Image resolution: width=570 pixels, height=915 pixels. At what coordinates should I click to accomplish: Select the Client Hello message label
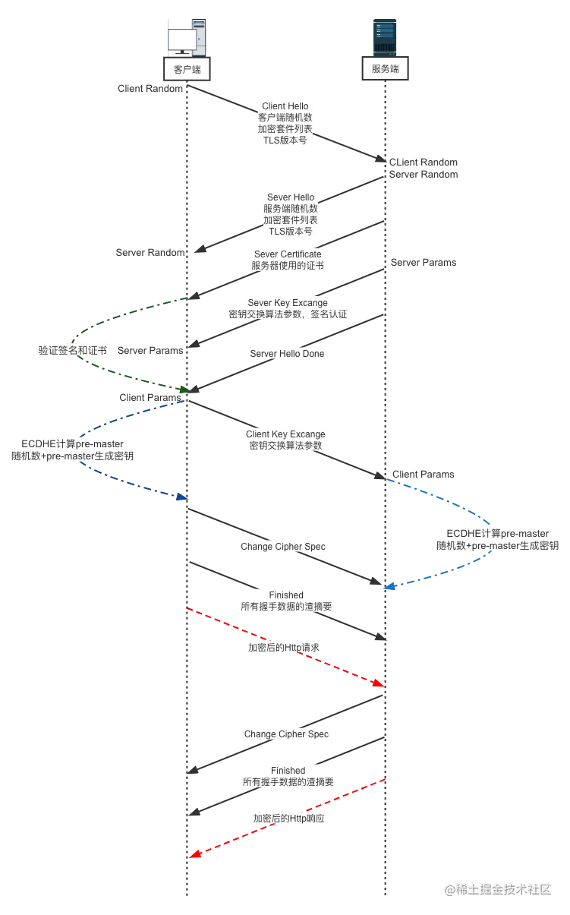285,123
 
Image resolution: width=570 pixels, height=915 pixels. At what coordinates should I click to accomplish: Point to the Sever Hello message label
291,214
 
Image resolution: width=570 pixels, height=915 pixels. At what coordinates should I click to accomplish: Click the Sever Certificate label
288,260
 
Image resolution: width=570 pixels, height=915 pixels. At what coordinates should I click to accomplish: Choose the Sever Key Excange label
288,308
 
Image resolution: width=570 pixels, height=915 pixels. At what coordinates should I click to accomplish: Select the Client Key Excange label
285,440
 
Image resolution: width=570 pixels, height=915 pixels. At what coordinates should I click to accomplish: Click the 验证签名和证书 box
73,351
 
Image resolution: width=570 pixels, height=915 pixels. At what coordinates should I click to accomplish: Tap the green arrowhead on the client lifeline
182,390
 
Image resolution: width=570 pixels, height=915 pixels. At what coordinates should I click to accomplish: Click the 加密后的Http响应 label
291,819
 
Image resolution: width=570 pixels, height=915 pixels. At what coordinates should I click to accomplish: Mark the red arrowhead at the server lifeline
378,685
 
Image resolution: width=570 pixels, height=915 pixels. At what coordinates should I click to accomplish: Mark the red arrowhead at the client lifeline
195,855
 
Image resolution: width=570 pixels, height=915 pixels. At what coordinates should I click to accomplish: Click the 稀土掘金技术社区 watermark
497,888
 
